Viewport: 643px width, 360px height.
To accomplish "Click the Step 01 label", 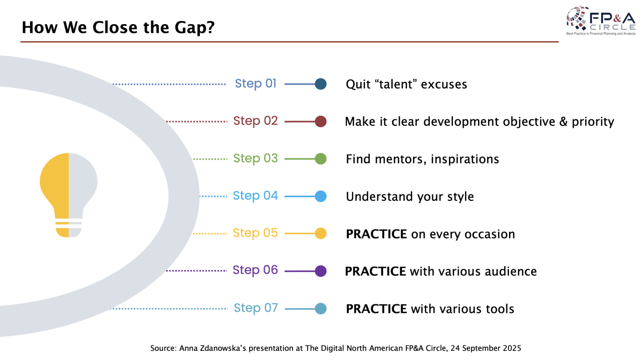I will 256,84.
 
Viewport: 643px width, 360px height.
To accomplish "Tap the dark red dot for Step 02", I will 320,121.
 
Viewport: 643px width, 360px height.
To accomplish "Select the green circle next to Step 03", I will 320,159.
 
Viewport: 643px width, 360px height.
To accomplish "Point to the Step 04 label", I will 256,196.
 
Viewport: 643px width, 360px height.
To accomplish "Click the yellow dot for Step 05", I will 320,233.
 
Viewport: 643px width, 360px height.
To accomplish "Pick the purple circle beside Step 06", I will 320,271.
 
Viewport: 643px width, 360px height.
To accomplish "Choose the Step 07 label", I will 256,308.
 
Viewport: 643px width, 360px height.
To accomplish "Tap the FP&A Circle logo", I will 601,21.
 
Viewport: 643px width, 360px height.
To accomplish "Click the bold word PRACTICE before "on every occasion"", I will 376,234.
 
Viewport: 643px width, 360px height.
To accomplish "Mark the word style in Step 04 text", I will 459,197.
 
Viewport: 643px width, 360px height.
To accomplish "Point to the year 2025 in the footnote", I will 509,348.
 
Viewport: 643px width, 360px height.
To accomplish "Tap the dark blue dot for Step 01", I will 320,84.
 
